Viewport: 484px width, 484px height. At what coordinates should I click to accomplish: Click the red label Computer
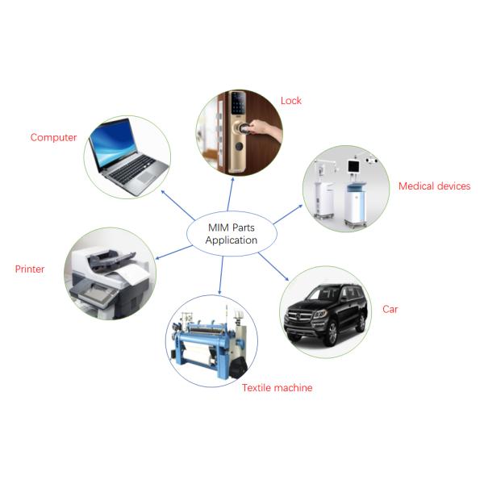(x=53, y=137)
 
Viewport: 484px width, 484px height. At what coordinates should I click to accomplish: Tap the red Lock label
(x=290, y=101)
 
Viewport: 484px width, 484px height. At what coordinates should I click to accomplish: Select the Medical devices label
(x=434, y=186)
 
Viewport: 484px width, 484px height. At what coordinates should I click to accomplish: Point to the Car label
(x=390, y=309)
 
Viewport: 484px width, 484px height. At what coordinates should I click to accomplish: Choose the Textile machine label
(x=277, y=388)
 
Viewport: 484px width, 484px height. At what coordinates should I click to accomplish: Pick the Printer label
(x=30, y=269)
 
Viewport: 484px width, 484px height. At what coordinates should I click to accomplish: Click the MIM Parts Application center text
(x=232, y=234)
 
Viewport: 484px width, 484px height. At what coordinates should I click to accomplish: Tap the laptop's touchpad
(x=146, y=177)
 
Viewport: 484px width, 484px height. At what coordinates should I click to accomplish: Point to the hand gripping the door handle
(x=263, y=130)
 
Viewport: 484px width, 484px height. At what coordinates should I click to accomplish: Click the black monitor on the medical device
(x=353, y=167)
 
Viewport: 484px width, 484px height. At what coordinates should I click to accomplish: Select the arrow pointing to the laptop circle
(x=178, y=205)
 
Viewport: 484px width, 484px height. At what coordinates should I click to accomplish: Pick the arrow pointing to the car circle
(x=273, y=266)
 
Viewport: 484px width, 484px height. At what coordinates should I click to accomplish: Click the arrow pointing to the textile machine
(x=221, y=275)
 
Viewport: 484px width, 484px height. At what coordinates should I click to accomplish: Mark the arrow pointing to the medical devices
(x=288, y=215)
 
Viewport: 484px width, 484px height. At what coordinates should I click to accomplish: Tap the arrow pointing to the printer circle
(x=173, y=252)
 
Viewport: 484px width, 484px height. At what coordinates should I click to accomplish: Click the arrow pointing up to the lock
(x=230, y=194)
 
